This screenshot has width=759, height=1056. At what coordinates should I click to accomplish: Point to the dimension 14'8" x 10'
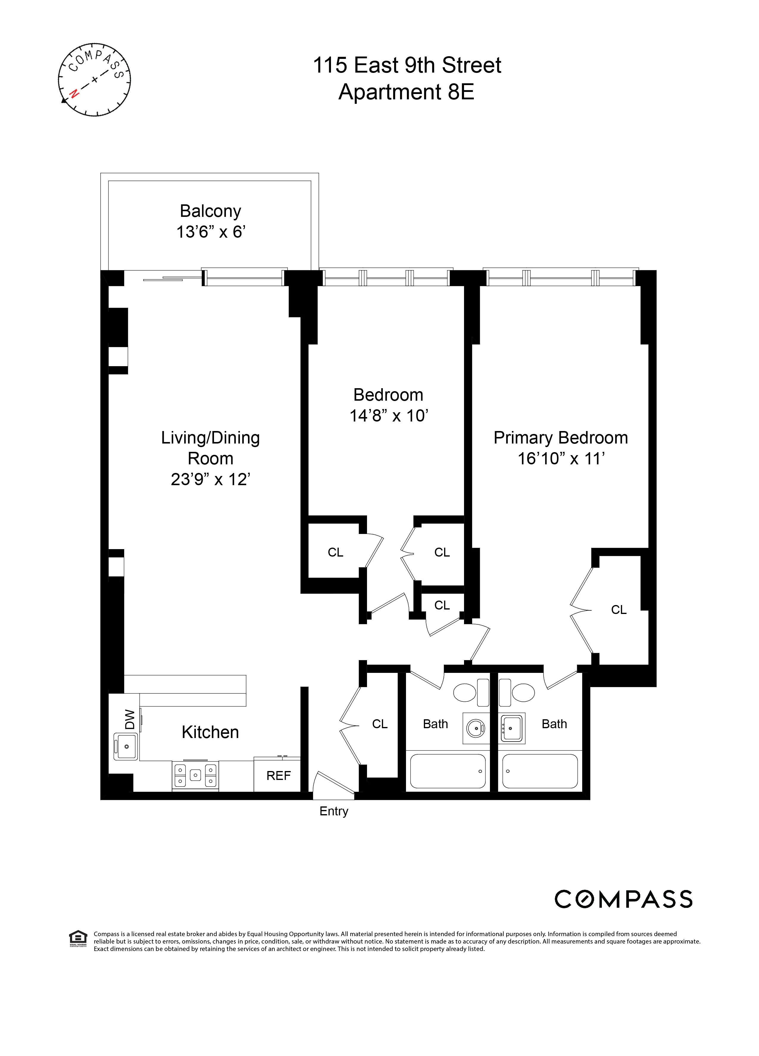pos(389,415)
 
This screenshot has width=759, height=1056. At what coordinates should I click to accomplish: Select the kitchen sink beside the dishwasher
pos(126,746)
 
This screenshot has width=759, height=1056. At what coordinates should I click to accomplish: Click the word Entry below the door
pos(334,811)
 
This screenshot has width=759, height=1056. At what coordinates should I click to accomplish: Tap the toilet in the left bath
pos(471,693)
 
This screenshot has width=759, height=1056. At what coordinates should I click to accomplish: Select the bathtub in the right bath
pos(540,771)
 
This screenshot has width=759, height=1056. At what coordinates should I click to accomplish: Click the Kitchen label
pos(210,732)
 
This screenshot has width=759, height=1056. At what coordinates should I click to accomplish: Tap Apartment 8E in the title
pos(406,92)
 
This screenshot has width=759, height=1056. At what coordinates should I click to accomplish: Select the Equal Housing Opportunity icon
pos(78,938)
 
